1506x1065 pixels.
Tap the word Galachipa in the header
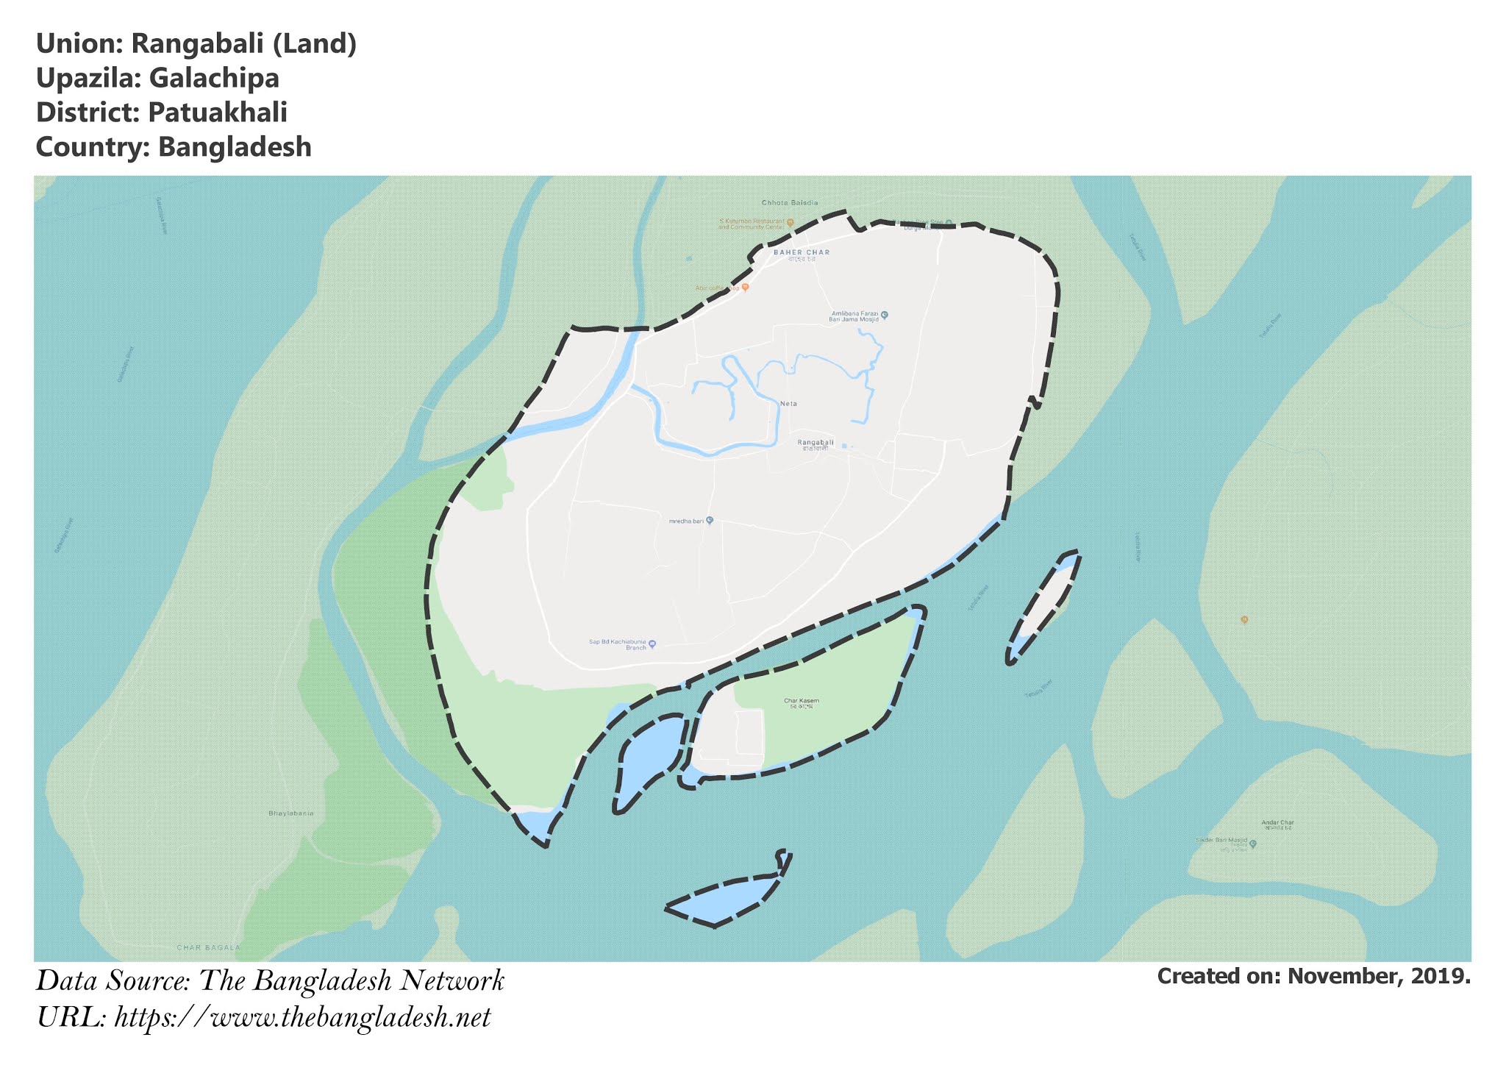(214, 79)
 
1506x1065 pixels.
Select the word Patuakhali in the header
(218, 113)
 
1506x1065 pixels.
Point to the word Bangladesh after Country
(235, 147)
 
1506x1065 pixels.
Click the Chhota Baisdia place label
(790, 202)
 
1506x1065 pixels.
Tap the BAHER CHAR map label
(801, 252)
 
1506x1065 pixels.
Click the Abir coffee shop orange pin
(745, 288)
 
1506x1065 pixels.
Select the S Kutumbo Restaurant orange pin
(790, 222)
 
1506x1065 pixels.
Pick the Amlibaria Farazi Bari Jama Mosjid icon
(885, 315)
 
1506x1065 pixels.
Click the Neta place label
(788, 404)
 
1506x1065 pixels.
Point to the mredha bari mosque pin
(710, 521)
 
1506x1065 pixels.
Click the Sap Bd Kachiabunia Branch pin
(652, 644)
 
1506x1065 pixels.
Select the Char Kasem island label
(801, 701)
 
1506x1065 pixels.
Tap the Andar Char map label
(1277, 822)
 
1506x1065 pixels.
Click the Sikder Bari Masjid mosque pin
(1253, 844)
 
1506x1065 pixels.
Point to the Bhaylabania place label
(291, 813)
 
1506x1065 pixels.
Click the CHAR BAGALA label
(209, 947)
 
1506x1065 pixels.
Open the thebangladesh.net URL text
(302, 1018)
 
